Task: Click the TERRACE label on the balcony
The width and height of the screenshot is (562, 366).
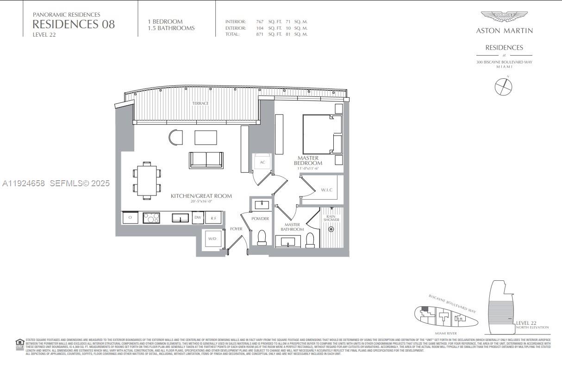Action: click(200, 103)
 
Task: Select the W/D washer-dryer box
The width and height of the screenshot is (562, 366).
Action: click(212, 239)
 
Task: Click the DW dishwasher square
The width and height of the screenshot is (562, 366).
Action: click(198, 217)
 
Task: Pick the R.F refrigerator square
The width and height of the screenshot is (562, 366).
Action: click(213, 217)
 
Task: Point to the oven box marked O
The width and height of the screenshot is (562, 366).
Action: click(130, 217)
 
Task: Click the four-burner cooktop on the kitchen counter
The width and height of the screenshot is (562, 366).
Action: click(151, 217)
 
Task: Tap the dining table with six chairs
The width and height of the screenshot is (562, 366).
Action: click(146, 181)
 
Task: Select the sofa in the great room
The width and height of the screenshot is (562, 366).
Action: click(206, 160)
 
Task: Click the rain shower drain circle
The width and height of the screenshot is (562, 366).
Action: click(331, 229)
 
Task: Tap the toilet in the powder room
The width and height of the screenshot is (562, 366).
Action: click(262, 237)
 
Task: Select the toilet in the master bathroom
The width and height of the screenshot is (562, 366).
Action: click(310, 240)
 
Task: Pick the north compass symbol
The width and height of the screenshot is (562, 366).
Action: click(503, 87)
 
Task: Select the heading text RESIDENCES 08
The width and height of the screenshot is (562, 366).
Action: click(74, 24)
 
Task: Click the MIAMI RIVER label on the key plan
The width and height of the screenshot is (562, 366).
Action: click(446, 333)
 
